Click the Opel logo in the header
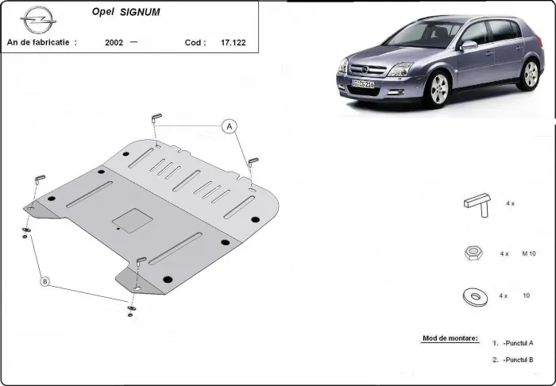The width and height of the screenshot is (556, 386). [x=35, y=17]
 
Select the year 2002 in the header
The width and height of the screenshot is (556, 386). [x=114, y=42]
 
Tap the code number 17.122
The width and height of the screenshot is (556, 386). [x=233, y=42]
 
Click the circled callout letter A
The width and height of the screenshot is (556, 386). [x=230, y=126]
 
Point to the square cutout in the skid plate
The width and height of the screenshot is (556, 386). [x=127, y=218]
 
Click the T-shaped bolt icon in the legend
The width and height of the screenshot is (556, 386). [x=477, y=204]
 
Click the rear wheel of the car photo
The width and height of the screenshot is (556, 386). [x=530, y=73]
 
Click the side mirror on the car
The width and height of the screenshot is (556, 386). [x=469, y=45]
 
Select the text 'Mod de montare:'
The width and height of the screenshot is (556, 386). [x=450, y=338]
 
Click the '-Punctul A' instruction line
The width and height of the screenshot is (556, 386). [x=517, y=343]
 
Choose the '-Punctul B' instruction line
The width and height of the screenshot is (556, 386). [x=517, y=360]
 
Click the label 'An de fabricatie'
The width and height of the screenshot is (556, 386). [x=41, y=42]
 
